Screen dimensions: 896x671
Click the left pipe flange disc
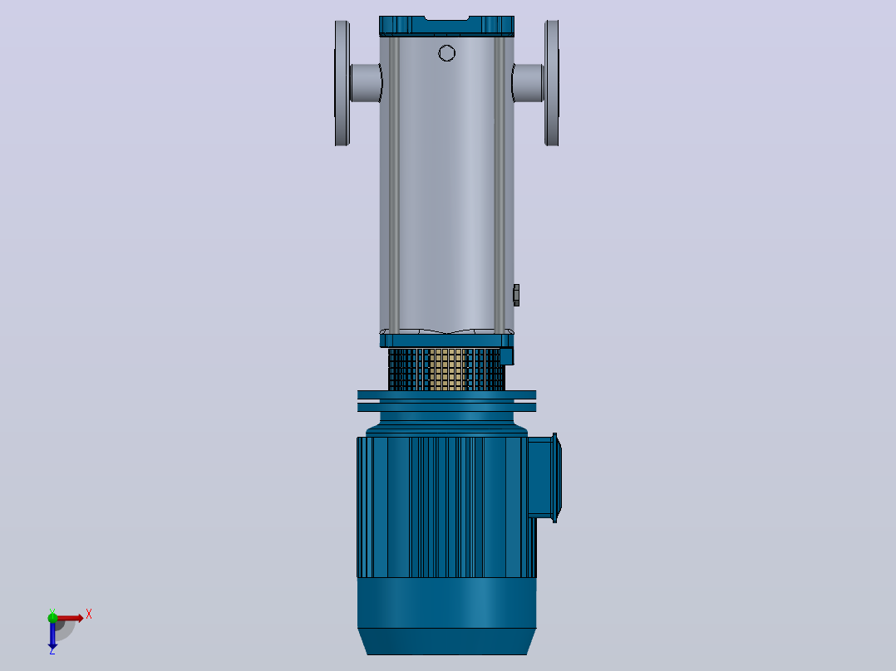(342, 83)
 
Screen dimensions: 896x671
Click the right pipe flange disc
(551, 83)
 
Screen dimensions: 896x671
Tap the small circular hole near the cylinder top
(447, 53)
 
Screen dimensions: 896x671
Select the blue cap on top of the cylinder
(446, 27)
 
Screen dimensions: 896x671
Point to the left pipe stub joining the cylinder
(366, 83)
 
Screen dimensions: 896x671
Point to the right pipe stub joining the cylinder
(528, 83)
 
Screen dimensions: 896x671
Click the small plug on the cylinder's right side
(517, 296)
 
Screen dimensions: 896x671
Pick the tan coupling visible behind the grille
(446, 370)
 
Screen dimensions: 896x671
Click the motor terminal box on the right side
(544, 478)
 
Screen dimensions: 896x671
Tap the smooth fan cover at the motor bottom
(446, 615)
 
